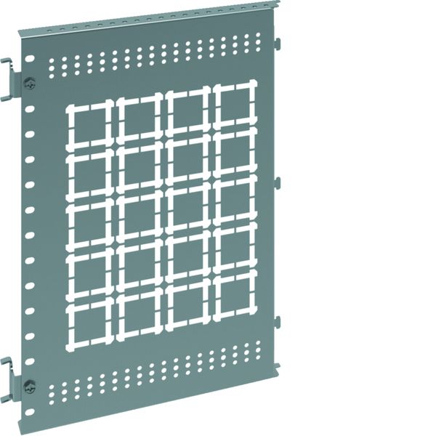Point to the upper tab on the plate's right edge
(278, 182)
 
